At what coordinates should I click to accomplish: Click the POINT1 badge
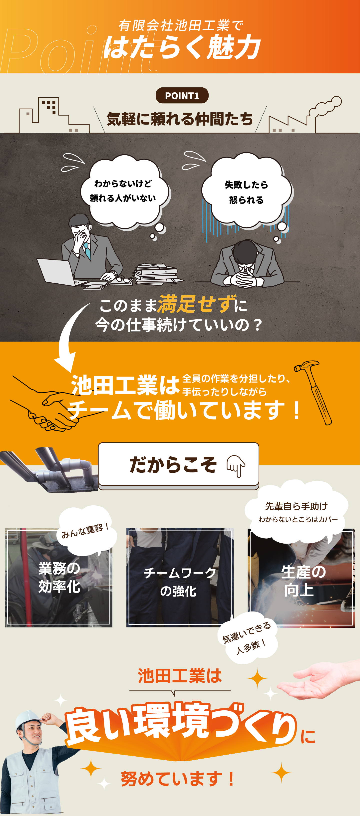[182, 95]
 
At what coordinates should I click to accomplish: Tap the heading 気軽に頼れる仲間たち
[180, 119]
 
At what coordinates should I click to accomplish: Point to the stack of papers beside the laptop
[157, 273]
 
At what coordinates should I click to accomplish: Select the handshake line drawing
[47, 406]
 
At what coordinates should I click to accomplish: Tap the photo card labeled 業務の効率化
[59, 577]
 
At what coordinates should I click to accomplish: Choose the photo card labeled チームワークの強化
[180, 577]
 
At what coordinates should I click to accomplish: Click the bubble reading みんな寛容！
[86, 531]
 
